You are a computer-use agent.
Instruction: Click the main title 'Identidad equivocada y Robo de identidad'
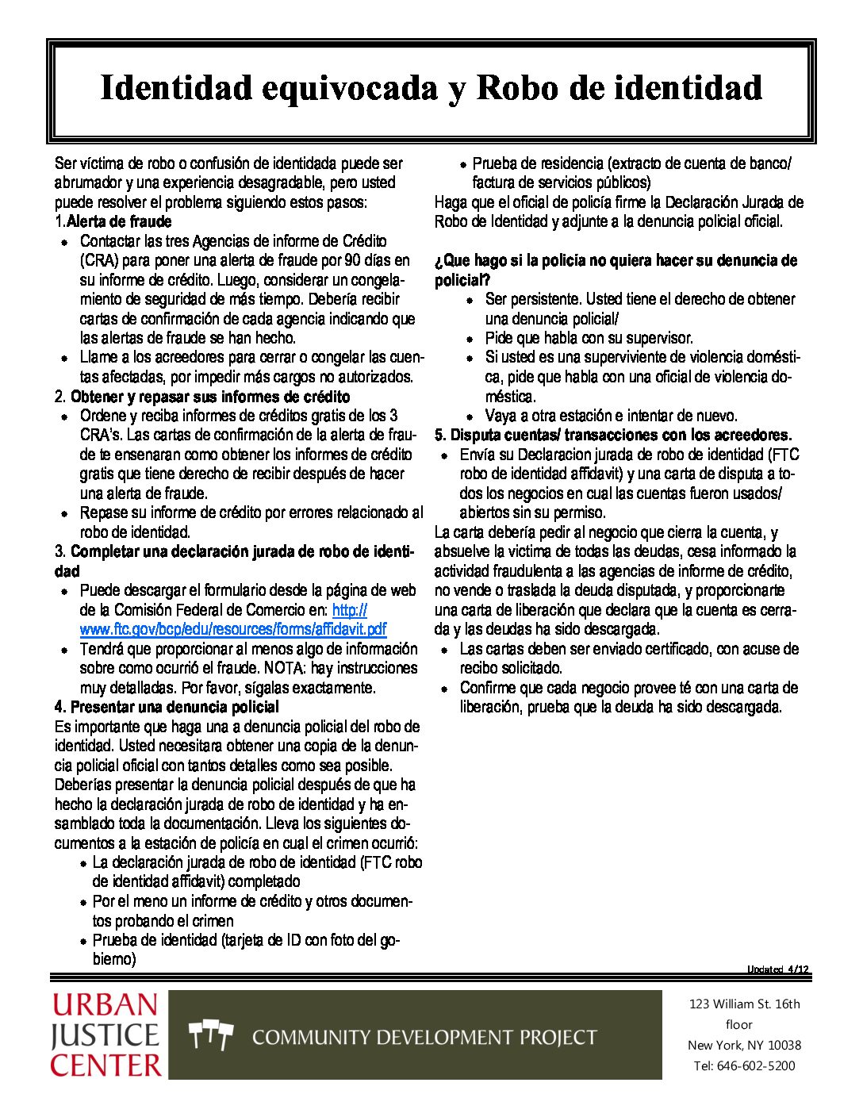431,88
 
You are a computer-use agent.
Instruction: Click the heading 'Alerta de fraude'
119,221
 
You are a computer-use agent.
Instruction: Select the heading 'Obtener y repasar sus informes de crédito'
210,396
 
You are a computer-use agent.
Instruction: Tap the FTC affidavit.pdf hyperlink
233,629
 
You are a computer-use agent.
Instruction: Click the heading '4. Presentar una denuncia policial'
167,707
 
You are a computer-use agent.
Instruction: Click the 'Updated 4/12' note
777,969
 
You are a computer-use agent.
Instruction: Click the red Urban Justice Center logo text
105,1034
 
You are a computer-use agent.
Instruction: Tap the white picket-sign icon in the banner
211,1035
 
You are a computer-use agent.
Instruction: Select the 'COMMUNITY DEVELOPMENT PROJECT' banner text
424,1037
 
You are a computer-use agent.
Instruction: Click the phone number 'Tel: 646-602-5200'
744,1065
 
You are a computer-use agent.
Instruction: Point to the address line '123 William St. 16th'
744,1004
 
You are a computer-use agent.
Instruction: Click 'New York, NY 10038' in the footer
744,1045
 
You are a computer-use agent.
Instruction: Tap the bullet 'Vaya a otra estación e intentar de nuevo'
611,416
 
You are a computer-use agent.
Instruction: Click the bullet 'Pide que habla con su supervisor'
589,338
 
